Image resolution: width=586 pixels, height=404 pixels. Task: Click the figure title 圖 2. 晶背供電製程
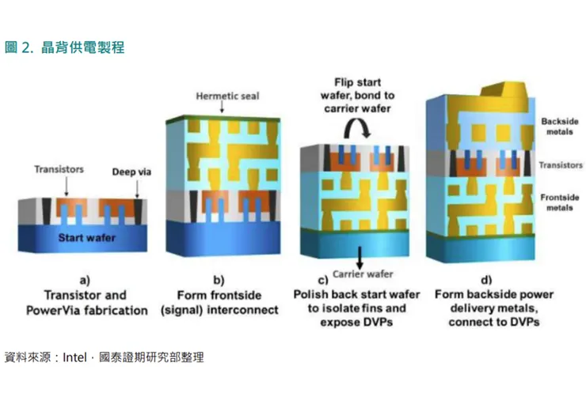(65, 47)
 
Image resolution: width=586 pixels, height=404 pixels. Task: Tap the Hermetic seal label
(227, 96)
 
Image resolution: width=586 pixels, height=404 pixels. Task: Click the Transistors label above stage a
(59, 169)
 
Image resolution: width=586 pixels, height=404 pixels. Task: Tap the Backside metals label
(559, 126)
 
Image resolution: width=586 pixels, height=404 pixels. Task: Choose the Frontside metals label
(559, 202)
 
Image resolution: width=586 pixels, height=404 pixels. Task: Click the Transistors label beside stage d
(559, 165)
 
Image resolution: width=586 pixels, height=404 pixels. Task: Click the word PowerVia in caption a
(53, 310)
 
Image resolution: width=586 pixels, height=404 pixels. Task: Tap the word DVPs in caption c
(380, 323)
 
